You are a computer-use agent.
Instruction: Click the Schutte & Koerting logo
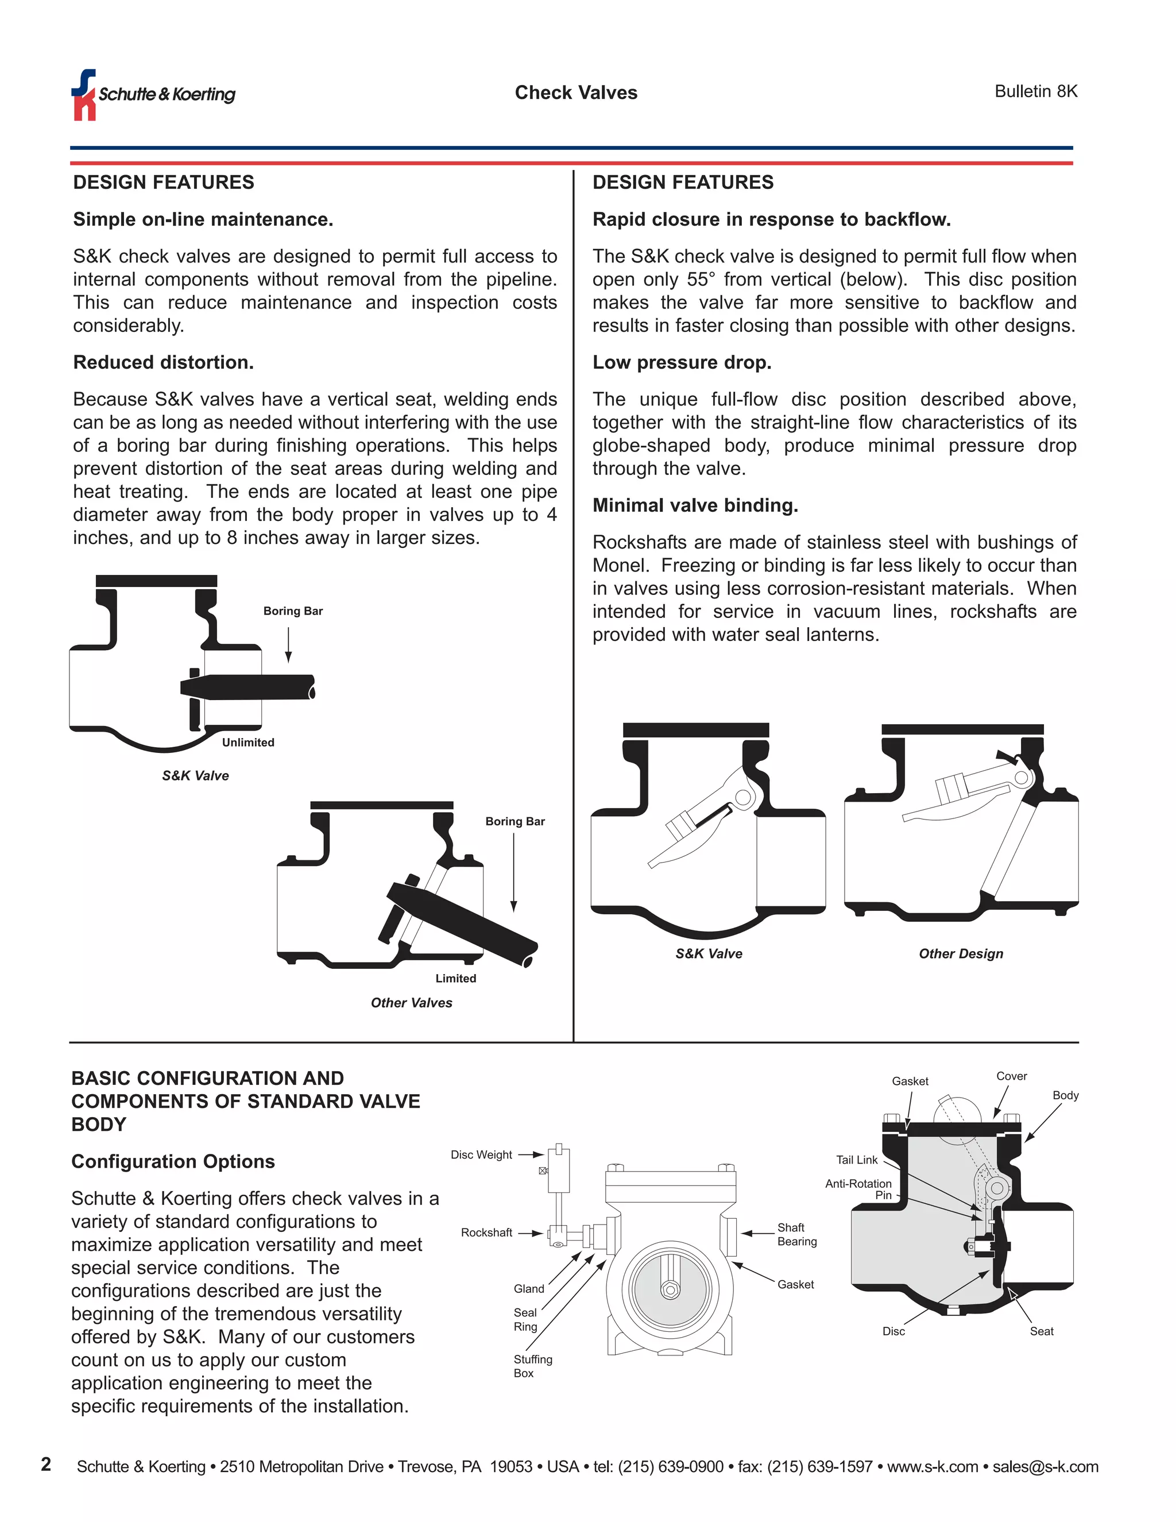point(153,95)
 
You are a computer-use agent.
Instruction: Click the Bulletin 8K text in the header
point(1035,91)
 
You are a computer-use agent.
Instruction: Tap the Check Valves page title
point(575,92)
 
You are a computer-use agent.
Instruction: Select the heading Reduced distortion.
point(163,362)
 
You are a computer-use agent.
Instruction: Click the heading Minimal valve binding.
point(695,505)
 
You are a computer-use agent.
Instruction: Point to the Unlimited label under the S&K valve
point(248,742)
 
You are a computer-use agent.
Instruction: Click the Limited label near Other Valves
point(455,979)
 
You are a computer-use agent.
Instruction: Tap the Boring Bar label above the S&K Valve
point(293,611)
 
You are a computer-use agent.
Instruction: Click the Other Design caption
point(961,953)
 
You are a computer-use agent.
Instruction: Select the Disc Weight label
point(481,1155)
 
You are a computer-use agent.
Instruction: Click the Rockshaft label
point(486,1233)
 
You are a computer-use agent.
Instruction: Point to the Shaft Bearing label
point(796,1234)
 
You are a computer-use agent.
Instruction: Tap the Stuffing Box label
point(532,1366)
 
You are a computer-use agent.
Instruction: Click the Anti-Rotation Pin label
point(858,1189)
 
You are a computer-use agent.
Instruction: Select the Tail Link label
point(856,1160)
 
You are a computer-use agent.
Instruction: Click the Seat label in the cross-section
point(1041,1331)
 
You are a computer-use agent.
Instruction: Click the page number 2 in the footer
point(46,1464)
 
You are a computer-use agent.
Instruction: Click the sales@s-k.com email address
point(1045,1467)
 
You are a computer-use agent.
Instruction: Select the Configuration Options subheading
point(173,1162)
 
